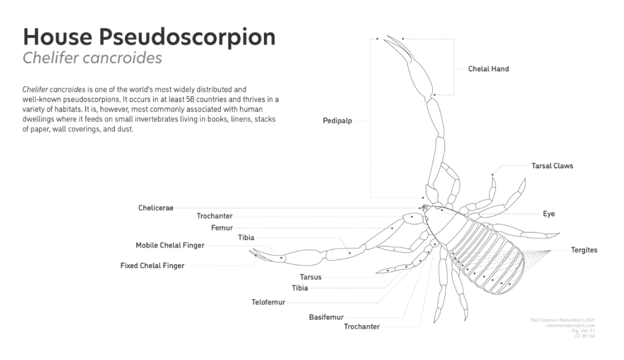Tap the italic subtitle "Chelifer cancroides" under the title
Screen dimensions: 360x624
coord(92,58)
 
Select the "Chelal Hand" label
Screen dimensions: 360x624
coord(488,69)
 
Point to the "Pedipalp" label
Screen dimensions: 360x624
coord(337,121)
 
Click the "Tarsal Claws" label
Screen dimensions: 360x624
coord(552,166)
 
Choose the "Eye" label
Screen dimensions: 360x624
coord(548,214)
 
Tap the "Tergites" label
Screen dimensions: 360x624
coord(584,250)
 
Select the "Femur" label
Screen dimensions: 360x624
coord(222,228)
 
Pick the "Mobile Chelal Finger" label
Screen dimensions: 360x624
coord(170,245)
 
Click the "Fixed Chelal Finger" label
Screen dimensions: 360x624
coord(153,266)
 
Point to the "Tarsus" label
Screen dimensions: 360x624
coord(310,277)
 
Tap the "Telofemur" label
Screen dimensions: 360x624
coord(268,302)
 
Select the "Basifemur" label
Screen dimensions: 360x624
coord(326,317)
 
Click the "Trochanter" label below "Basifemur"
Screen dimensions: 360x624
coord(362,326)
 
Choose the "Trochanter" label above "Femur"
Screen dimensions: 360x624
coord(214,216)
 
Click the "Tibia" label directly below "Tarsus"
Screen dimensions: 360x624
coord(300,288)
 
